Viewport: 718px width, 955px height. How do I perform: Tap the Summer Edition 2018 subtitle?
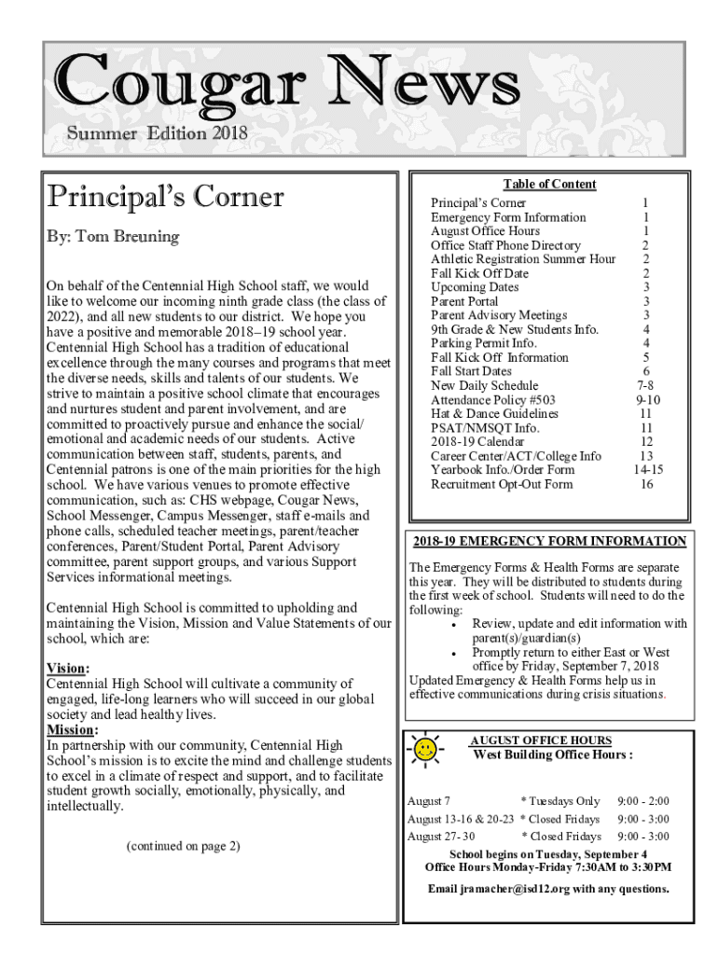coord(157,133)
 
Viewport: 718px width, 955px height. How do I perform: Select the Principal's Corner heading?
coord(165,197)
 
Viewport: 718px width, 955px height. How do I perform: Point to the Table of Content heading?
coord(549,184)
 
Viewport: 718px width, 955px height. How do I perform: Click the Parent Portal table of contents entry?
coord(464,301)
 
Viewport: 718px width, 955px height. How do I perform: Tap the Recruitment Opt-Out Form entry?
coord(502,484)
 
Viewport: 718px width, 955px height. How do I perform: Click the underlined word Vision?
coord(67,669)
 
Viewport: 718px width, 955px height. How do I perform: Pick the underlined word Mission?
coord(72,729)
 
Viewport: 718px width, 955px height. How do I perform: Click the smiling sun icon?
coord(425,750)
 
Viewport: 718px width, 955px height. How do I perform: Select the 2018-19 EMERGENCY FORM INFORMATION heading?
coord(549,541)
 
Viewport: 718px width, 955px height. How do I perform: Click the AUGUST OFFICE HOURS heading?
coord(541,740)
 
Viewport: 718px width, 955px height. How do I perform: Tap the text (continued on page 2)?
coord(182,846)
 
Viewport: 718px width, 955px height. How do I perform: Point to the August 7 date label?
coord(429,801)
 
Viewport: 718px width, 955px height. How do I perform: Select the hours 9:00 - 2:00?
coord(642,801)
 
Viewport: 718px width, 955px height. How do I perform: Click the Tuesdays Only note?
coord(559,801)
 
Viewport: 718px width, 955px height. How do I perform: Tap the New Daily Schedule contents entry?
coord(484,385)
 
